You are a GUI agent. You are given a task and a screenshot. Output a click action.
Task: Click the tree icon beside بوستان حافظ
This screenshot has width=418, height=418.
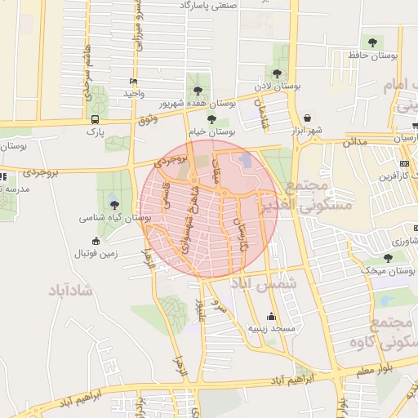point(372,42)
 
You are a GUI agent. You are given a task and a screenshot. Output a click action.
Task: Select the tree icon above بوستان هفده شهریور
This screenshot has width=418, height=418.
point(196,90)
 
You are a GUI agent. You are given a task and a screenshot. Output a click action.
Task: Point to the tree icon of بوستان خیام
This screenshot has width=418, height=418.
point(211,119)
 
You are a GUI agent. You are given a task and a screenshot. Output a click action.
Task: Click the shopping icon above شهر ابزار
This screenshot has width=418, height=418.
point(306,118)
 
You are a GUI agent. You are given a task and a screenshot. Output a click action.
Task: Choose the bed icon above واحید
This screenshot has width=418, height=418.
point(133,82)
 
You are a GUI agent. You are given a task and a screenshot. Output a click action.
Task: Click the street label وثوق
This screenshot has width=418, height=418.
point(147,120)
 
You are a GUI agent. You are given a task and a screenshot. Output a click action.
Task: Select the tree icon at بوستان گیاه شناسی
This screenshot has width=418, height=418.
point(113,205)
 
